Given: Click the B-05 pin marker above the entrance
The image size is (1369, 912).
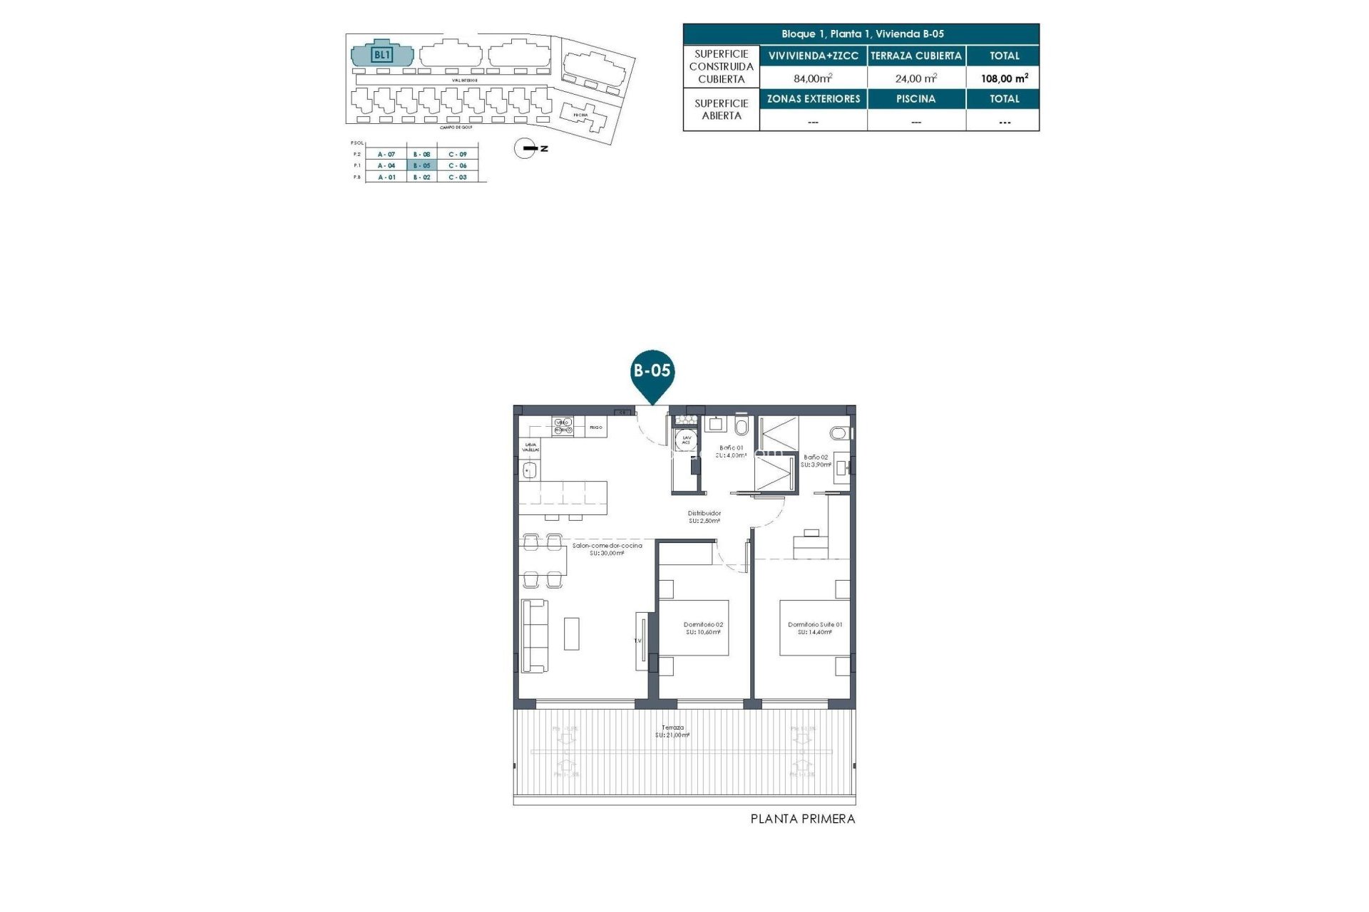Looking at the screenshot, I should click(652, 372).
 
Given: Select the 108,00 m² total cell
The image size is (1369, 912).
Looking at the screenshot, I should click(1004, 78).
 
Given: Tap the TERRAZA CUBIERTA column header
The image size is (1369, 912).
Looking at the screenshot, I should click(916, 56).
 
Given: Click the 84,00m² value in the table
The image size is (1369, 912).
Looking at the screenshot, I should click(813, 78).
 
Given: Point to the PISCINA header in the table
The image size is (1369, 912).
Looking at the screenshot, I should click(916, 99).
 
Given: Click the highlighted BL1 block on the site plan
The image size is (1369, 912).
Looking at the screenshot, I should click(382, 55).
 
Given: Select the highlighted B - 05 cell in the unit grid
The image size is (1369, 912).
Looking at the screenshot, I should click(422, 165).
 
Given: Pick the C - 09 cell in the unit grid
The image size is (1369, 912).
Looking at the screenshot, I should click(458, 154).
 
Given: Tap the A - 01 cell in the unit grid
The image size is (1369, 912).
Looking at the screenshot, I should click(386, 177).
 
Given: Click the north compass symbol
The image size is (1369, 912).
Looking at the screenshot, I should click(525, 148).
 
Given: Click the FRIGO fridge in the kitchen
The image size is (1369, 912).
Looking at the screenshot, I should click(596, 427).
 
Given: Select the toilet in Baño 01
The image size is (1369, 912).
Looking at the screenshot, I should click(742, 427).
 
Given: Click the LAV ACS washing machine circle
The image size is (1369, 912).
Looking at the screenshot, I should click(686, 440).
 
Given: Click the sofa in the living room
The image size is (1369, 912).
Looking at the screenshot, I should click(534, 635).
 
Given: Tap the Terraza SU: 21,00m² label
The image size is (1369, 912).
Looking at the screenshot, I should click(672, 731).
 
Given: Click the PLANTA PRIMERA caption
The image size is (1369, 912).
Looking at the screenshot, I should click(802, 819).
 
